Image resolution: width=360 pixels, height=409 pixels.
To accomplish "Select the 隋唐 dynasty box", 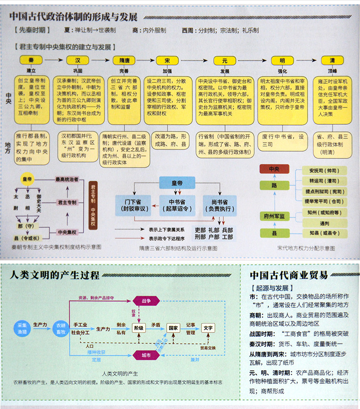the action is [124, 60].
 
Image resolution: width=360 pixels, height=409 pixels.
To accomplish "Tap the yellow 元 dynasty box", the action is [224, 60].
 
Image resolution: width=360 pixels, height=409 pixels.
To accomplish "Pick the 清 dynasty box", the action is [332, 60].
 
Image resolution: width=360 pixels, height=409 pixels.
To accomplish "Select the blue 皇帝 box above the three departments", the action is [177, 183].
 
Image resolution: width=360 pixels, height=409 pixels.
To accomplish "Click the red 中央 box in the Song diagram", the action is [274, 169].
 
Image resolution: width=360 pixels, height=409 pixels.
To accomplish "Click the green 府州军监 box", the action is [275, 216].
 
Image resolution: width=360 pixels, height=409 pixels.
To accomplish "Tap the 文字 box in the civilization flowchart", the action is [208, 328].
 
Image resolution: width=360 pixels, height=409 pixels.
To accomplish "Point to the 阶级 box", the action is [139, 328].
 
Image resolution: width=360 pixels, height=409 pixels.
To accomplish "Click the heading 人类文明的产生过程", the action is [54, 276].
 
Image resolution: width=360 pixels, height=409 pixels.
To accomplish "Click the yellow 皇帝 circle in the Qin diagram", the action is [28, 179].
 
